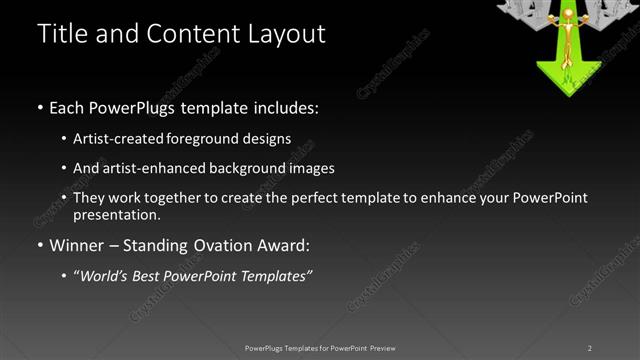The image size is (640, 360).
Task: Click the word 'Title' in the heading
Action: coord(60,33)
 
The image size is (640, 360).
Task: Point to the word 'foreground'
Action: coord(200,139)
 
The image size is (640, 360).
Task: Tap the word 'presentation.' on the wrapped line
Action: coord(116,215)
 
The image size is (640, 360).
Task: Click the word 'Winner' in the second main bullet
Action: coord(77,245)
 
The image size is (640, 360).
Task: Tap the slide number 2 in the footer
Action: coord(590,348)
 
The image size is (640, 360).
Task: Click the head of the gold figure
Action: coord(568,13)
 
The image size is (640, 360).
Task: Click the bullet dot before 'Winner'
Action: coord(40,246)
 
